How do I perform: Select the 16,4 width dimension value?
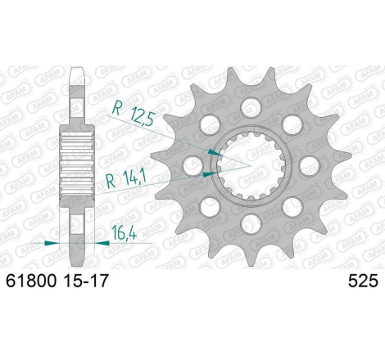pyautogui.click(x=124, y=232)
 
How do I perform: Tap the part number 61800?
pyautogui.click(x=31, y=281)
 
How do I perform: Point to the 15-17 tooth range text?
pyautogui.click(x=84, y=281)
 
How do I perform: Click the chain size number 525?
pyautogui.click(x=363, y=281)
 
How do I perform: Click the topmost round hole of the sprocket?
pyautogui.click(x=251, y=106)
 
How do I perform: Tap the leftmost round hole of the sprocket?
pyautogui.click(x=192, y=165)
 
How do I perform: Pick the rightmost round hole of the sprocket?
pyautogui.click(x=310, y=165)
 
